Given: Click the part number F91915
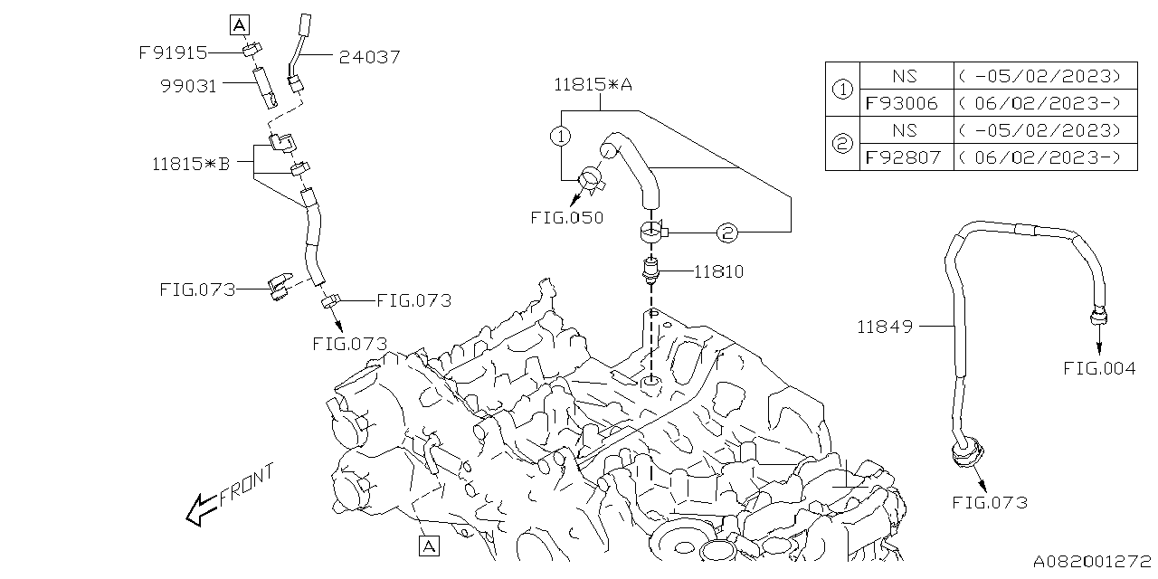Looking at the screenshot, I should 173,52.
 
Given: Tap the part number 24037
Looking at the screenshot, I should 369,57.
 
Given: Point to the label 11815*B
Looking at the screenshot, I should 192,164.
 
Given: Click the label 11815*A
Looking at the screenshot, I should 593,85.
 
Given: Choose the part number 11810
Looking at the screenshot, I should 719,271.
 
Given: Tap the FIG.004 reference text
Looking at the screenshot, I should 1099,368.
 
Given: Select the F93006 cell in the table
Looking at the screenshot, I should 902,103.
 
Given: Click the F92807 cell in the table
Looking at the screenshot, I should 902,157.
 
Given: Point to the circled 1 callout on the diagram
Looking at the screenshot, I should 562,138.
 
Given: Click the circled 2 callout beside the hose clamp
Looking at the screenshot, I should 728,233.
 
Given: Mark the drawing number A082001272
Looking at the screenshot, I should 1092,560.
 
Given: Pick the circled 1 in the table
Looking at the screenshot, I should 842,90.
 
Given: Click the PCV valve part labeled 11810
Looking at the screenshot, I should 650,269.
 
